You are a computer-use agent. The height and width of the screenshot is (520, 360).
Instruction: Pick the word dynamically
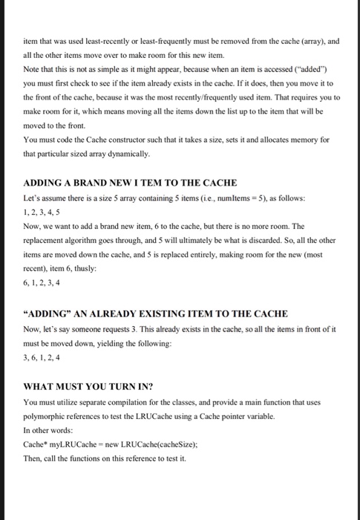pyautogui.click(x=128, y=154)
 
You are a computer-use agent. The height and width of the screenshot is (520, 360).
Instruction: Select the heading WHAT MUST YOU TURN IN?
pyautogui.click(x=88, y=386)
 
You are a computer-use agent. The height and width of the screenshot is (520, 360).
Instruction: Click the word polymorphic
pyautogui.click(x=47, y=415)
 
